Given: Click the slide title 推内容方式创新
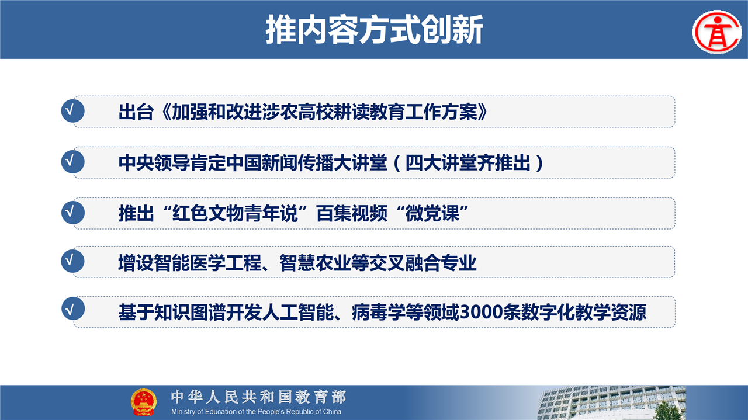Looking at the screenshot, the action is [x=375, y=30].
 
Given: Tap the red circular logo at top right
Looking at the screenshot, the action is [x=717, y=32].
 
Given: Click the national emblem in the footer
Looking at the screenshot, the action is [x=143, y=402].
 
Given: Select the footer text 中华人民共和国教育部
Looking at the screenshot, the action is [x=258, y=397].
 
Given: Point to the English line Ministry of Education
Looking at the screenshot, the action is [x=256, y=412].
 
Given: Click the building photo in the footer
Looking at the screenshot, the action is [x=612, y=402].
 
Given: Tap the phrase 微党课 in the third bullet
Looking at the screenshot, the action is [x=432, y=213].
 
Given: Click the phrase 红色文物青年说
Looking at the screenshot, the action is [x=234, y=213].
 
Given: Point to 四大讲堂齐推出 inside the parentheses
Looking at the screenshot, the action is [x=468, y=163].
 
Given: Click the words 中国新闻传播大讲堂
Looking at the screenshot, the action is [x=306, y=163].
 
